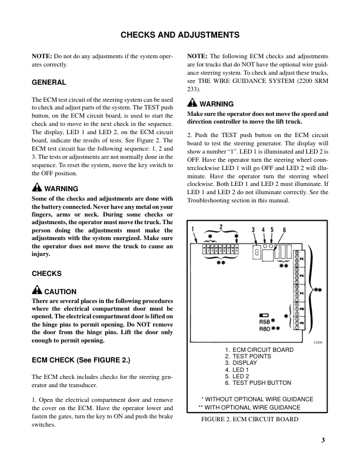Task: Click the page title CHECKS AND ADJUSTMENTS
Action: pyautogui.click(x=179, y=35)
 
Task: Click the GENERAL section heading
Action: pyautogui.click(x=48, y=82)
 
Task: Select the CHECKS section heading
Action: pyautogui.click(x=46, y=274)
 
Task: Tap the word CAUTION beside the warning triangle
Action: pyautogui.click(x=61, y=291)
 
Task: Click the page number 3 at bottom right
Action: pyautogui.click(x=324, y=441)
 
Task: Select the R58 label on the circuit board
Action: pyautogui.click(x=265, y=321)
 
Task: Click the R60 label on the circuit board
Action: pyautogui.click(x=265, y=329)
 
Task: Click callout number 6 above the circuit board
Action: pyautogui.click(x=284, y=229)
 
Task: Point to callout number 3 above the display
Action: pyautogui.click(x=253, y=229)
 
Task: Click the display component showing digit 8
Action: pyautogui.click(x=256, y=252)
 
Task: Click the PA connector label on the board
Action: pyautogui.click(x=302, y=323)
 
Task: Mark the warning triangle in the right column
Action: pyautogui.click(x=192, y=104)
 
